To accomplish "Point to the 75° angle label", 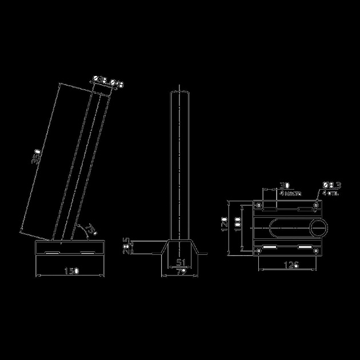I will click(x=90, y=230).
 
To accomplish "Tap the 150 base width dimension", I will click(x=71, y=270).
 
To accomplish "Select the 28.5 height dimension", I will click(x=129, y=246).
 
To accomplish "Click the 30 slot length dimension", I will click(x=284, y=186).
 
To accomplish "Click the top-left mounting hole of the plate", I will click(x=259, y=205).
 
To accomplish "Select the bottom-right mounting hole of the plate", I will click(x=317, y=249).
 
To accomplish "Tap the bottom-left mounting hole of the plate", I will click(x=259, y=249).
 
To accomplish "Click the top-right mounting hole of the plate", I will click(x=317, y=205).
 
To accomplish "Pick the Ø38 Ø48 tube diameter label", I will click(x=109, y=84).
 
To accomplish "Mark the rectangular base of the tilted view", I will click(x=70, y=247).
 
